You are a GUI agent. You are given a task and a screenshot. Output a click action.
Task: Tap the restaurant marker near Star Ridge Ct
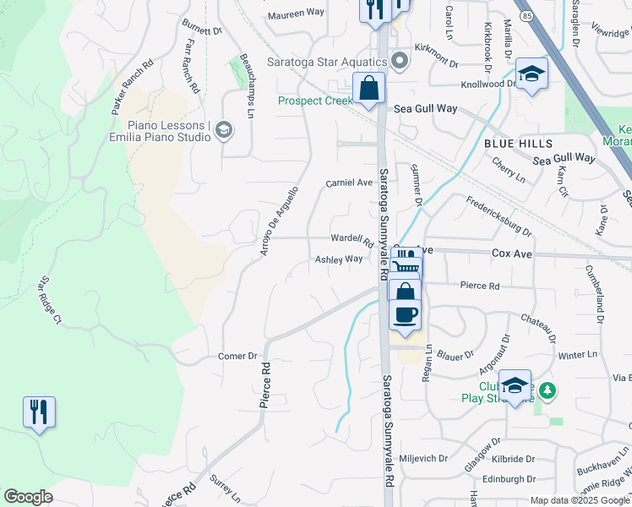(x=39, y=412)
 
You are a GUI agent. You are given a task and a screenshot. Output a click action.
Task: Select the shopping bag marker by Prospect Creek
(x=369, y=88)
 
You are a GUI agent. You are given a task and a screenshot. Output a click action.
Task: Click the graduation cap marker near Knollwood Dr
(x=531, y=74)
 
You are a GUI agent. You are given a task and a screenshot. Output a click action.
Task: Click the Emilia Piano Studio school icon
(x=224, y=129)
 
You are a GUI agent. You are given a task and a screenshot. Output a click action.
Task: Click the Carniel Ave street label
(x=349, y=182)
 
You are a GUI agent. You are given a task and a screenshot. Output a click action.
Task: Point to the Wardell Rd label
(x=351, y=238)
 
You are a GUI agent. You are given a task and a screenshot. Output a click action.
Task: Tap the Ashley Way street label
(x=339, y=259)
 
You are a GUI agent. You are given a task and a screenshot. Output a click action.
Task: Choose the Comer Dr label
(x=237, y=356)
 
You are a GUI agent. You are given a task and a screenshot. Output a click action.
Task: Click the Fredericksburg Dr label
(x=499, y=215)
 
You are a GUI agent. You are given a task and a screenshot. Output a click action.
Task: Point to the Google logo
(x=28, y=497)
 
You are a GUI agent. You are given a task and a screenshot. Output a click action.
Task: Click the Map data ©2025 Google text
(x=580, y=500)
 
